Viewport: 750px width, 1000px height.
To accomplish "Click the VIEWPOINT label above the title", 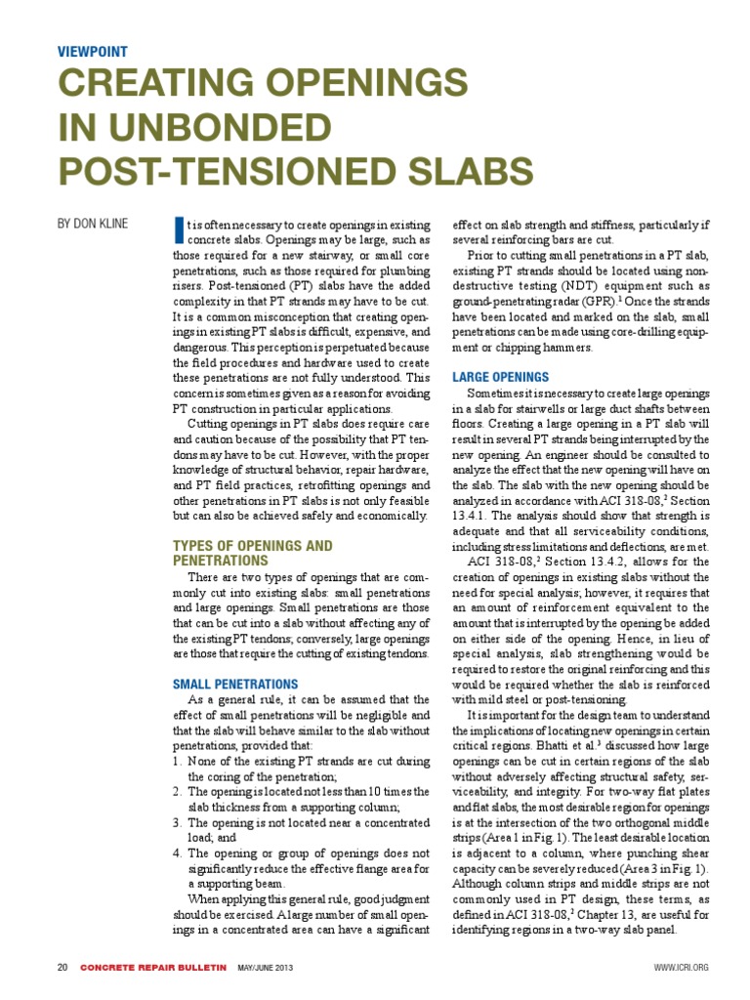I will pyautogui.click(x=92, y=52).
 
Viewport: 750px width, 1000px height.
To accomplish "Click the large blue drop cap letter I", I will pyautogui.click(x=178, y=229).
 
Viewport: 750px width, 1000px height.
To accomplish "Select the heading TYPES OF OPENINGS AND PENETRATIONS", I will pyautogui.click(x=252, y=553).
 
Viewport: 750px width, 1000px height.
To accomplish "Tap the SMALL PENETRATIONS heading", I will pyautogui.click(x=235, y=684).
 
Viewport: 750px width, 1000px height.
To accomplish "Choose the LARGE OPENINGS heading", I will pyautogui.click(x=501, y=376).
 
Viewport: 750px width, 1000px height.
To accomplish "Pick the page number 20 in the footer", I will pyautogui.click(x=62, y=968).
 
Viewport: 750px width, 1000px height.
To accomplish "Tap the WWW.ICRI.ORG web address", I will pyautogui.click(x=680, y=968).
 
